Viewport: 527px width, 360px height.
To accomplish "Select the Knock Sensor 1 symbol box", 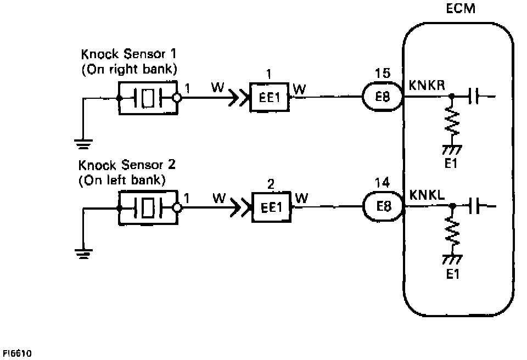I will [x=148, y=98].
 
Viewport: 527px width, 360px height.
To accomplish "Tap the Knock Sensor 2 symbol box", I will [x=148, y=208].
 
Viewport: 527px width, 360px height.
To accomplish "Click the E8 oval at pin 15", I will [x=383, y=98].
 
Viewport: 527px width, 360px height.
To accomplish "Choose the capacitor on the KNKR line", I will [x=475, y=98].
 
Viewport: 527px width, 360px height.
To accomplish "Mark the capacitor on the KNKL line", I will [x=475, y=207].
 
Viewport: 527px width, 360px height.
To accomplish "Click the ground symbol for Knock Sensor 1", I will [x=83, y=144].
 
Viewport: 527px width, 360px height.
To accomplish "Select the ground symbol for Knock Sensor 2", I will [x=83, y=254].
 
